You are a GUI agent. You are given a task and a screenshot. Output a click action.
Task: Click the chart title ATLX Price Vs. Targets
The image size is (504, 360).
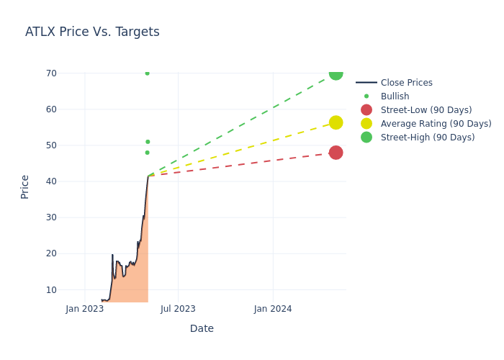pyautogui.click(x=92, y=32)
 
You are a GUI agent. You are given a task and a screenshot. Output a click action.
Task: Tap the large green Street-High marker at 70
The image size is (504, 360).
pyautogui.click(x=336, y=73)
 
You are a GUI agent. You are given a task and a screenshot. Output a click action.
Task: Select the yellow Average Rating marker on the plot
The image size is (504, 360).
pyautogui.click(x=336, y=123)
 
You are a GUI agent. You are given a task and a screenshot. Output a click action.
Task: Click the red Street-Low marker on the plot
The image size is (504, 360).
pyautogui.click(x=336, y=153)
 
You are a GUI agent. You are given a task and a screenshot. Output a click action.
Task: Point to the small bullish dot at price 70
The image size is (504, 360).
pyautogui.click(x=147, y=73)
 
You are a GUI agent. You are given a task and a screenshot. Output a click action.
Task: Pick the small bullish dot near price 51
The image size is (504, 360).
pyautogui.click(x=148, y=142)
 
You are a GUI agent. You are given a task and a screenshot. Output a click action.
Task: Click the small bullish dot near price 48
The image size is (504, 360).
pyautogui.click(x=147, y=153)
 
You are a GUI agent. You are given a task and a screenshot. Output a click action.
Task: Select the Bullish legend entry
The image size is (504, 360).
pyautogui.click(x=395, y=96)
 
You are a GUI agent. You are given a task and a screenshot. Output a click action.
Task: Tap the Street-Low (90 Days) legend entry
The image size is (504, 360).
pyautogui.click(x=426, y=110)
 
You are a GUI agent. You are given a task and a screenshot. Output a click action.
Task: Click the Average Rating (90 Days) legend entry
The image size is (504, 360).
pyautogui.click(x=436, y=124)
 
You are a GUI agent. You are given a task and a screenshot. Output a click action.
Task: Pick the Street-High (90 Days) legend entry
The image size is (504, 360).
pyautogui.click(x=427, y=138)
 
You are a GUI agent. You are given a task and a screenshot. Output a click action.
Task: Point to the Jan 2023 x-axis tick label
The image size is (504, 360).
pyautogui.click(x=85, y=309)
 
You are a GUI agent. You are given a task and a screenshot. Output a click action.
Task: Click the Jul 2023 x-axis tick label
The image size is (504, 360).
pyautogui.click(x=179, y=309)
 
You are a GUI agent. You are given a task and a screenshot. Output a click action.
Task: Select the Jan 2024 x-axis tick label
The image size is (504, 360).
pyautogui.click(x=273, y=309)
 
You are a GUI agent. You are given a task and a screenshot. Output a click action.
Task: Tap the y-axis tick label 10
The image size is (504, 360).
pyautogui.click(x=51, y=289)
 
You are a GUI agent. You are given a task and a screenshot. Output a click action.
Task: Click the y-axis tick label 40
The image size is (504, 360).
pyautogui.click(x=51, y=181)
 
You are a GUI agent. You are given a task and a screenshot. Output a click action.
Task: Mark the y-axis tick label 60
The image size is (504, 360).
pyautogui.click(x=51, y=109)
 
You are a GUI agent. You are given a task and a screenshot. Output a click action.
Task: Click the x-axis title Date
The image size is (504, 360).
pyautogui.click(x=202, y=329)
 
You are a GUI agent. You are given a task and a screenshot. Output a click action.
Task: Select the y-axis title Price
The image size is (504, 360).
pyautogui.click(x=25, y=186)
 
